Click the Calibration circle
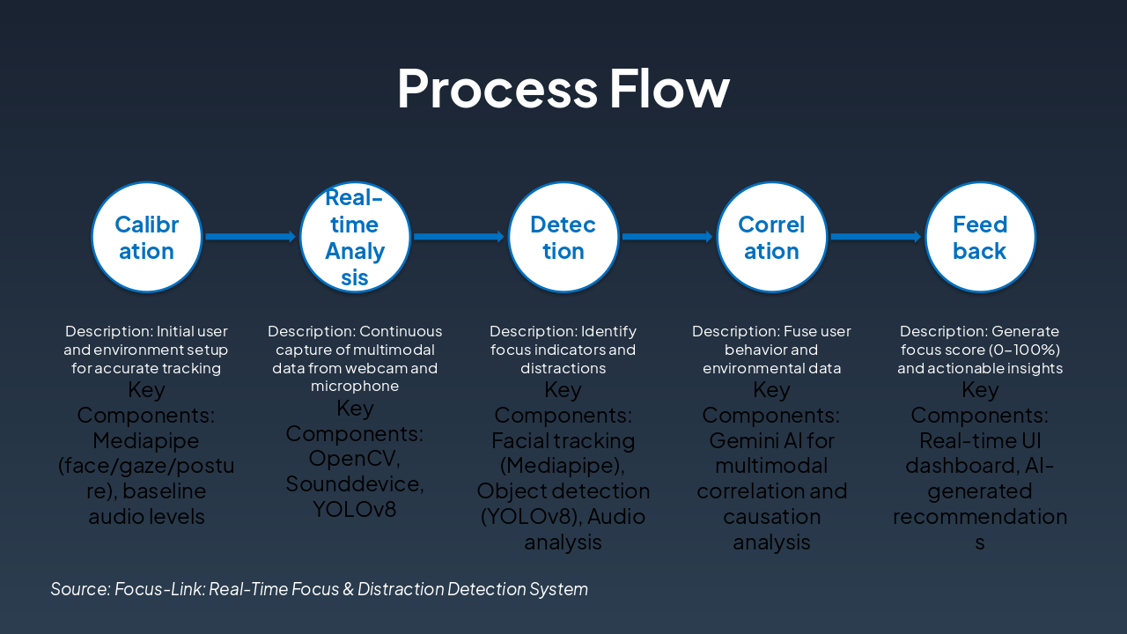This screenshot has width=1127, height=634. pos(147,237)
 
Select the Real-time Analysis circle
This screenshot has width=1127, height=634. pos(355,237)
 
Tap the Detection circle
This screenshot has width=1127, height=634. pos(563,237)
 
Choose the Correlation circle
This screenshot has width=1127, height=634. pos(771,237)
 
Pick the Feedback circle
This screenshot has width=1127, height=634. pos(980,237)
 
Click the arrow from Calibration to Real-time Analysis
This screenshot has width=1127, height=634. pos(250,237)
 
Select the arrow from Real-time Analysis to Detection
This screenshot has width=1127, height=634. pos(459,237)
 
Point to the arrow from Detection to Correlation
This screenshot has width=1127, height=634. pos(667,237)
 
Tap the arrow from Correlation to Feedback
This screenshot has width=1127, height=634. pos(875,237)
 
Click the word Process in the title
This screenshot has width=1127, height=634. pos(497,88)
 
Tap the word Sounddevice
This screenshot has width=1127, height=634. pos(355,484)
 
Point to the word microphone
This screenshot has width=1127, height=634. pos(355,387)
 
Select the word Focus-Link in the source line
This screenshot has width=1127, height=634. pos(154,589)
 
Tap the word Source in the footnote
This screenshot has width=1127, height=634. pos(79,589)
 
